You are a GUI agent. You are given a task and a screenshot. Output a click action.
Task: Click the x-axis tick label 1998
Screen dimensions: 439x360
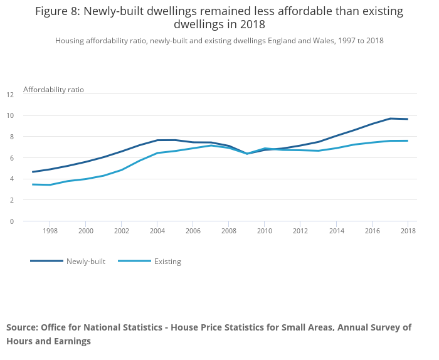tap(50, 231)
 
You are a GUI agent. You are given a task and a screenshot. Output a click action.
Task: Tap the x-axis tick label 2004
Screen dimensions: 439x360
tap(157, 231)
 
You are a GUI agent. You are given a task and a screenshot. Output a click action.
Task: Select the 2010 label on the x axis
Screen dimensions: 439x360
tap(265, 231)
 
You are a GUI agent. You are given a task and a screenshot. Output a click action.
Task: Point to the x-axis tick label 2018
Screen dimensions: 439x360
tap(408, 231)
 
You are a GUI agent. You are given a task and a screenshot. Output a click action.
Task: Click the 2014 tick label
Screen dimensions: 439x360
tap(337, 231)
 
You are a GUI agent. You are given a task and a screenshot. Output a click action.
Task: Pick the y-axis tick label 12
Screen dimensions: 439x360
tap(10, 95)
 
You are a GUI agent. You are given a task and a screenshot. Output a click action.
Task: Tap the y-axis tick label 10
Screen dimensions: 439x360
tap(10, 115)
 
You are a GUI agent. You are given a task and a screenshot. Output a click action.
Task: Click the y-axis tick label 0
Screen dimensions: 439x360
tap(12, 221)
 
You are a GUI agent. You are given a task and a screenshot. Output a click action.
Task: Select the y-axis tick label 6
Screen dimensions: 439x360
tap(12, 158)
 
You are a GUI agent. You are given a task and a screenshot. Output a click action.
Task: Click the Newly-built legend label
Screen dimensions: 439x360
tap(86, 262)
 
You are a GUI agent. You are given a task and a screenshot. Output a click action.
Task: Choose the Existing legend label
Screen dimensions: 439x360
tap(167, 262)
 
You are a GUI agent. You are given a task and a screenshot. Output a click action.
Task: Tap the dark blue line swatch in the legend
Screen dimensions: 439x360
tap(47, 261)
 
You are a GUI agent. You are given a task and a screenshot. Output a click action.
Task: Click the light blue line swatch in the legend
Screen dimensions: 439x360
tap(135, 261)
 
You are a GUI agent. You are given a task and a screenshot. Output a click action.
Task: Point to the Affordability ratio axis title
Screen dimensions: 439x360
tap(53, 90)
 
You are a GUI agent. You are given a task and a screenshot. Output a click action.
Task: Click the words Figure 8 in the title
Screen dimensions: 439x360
tap(58, 11)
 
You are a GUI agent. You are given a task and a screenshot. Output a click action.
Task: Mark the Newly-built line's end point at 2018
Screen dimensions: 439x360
tap(408, 119)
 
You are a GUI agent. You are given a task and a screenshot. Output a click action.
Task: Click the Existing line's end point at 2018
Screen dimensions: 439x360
tap(408, 141)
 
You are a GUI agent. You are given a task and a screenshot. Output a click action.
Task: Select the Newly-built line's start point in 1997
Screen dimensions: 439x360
tap(33, 172)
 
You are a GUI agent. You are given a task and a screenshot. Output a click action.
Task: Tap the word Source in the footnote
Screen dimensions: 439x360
tap(23, 327)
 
